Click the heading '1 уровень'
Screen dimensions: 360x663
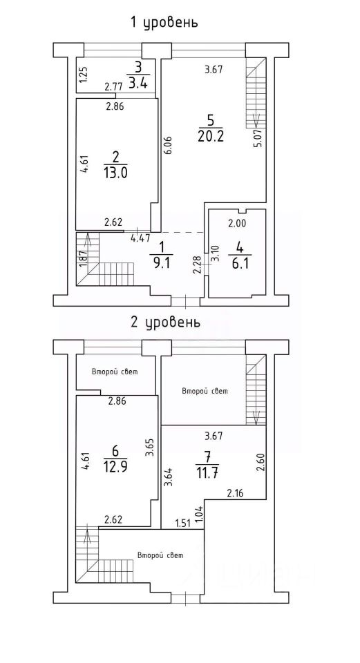tap(164, 21)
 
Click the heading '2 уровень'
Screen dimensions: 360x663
tap(165, 323)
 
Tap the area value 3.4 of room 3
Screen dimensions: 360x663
tap(138, 84)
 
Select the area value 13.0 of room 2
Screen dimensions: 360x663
tap(115, 173)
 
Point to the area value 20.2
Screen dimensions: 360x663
tap(210, 136)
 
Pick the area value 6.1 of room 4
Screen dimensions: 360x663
tap(240, 263)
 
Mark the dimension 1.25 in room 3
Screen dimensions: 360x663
tap(83, 75)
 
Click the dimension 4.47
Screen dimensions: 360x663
tap(140, 238)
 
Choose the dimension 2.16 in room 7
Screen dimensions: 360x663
tap(236, 492)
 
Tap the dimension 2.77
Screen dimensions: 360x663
tap(113, 87)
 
